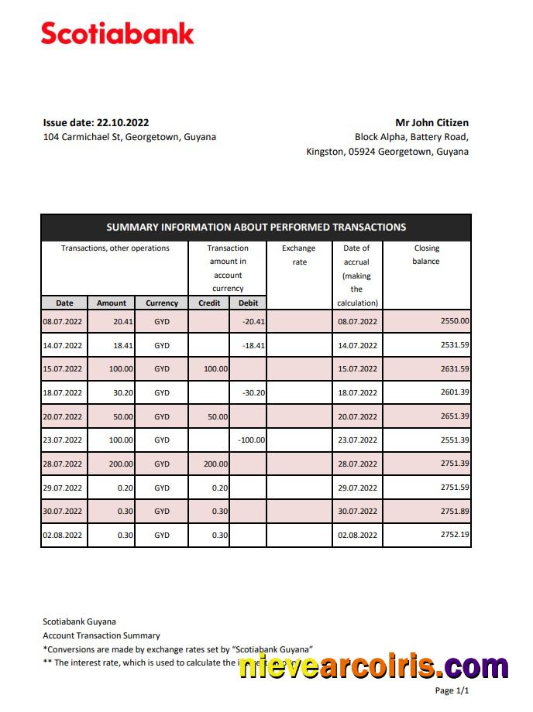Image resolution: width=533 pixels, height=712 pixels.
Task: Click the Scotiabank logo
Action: (x=117, y=33)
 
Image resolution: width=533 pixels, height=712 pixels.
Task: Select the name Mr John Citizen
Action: (x=432, y=122)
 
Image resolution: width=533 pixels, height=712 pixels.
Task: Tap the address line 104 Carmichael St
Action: (x=129, y=137)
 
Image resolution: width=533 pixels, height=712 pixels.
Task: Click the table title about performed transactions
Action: (x=256, y=227)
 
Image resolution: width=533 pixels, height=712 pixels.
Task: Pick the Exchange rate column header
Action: (x=299, y=255)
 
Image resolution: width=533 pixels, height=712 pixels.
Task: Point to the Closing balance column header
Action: (x=426, y=255)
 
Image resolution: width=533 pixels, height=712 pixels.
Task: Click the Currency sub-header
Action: (x=162, y=303)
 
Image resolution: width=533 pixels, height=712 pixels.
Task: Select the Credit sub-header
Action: (x=209, y=303)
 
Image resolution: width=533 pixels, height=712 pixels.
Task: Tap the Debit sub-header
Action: (x=248, y=303)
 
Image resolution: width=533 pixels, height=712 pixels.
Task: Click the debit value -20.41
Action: (x=253, y=322)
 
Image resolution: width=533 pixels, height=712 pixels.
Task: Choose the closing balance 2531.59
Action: (x=454, y=345)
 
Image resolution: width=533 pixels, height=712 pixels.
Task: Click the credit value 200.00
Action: (x=215, y=464)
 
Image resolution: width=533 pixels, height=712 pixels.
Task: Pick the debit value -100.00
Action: (x=251, y=440)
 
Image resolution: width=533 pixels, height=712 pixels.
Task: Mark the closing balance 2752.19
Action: (x=454, y=535)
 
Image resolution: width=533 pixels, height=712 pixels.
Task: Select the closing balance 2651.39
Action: (x=454, y=416)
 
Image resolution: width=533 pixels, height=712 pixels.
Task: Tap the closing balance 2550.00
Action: (x=454, y=321)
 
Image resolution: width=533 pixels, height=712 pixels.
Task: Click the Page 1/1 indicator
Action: (x=452, y=690)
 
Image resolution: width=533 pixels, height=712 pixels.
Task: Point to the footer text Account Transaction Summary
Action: (x=101, y=635)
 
